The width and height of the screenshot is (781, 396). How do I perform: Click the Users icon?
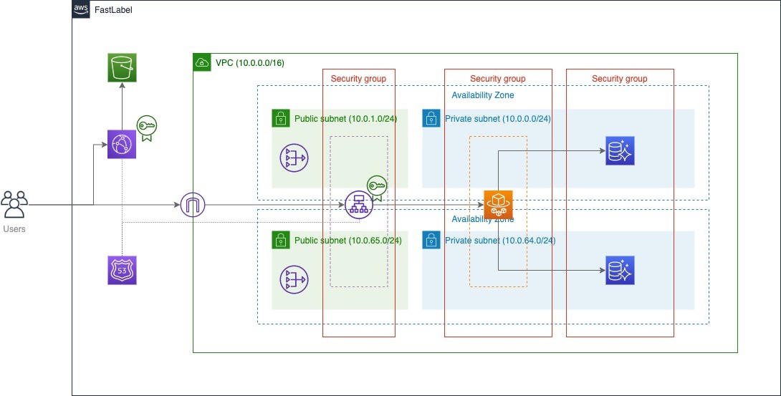pos(15,205)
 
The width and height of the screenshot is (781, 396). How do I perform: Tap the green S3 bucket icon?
pos(122,68)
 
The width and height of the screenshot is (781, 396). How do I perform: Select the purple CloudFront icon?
pos(122,144)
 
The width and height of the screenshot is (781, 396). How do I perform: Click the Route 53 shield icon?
pos(122,270)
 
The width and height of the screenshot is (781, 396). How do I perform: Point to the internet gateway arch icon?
pos(193,205)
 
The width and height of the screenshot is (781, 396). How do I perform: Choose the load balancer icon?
pos(358,205)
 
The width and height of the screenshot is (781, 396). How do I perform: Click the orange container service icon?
pos(498,205)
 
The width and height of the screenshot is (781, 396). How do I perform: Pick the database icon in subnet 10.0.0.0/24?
pos(620,150)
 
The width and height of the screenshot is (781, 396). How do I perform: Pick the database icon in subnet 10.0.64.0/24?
pos(620,270)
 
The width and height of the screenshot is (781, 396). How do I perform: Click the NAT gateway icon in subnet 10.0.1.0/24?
pos(294,158)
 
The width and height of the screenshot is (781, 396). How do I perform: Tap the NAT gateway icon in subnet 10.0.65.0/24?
pos(294,279)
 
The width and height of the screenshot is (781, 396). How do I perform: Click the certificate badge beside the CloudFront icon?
pos(147,127)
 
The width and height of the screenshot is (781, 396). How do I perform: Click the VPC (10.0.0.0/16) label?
pos(249,63)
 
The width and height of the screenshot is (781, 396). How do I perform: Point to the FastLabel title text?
pos(113,10)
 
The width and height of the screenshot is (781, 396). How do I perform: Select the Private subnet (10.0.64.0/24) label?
pos(500,241)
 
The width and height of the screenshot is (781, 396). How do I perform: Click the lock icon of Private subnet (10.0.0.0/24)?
pos(431,118)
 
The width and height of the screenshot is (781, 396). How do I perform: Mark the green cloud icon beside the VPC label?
pos(203,62)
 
